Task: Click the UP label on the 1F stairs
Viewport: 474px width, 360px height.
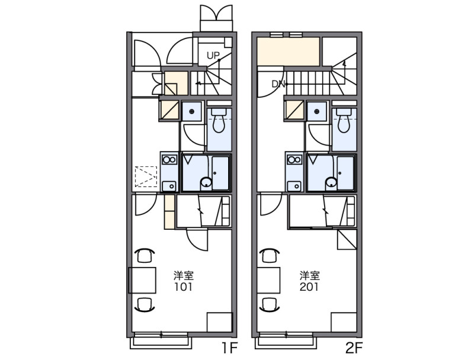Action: tap(213, 56)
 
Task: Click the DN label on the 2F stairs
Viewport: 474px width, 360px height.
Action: tap(278, 84)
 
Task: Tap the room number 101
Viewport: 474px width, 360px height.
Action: tap(183, 287)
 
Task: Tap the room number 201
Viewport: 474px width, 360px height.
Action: tap(309, 287)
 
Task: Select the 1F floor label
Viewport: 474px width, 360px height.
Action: tap(229, 348)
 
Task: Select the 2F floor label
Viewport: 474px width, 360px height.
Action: tap(354, 348)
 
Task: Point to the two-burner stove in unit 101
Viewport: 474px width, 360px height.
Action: tap(169, 159)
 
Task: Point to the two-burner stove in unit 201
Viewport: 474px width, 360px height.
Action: tap(294, 159)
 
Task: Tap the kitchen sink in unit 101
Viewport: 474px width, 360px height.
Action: tap(169, 186)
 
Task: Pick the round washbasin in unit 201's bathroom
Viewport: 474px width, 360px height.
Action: tap(331, 183)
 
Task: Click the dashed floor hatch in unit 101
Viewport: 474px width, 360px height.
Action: tap(146, 176)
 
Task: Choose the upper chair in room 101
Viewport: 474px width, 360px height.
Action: tap(145, 255)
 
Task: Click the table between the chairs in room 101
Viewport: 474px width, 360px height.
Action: tap(142, 280)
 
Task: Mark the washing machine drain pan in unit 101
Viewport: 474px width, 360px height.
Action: tap(191, 112)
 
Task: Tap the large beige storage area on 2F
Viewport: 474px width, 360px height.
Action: tap(288, 52)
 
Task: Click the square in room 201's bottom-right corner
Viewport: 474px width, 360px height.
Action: tap(344, 322)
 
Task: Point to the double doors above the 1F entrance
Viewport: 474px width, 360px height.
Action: tap(216, 18)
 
